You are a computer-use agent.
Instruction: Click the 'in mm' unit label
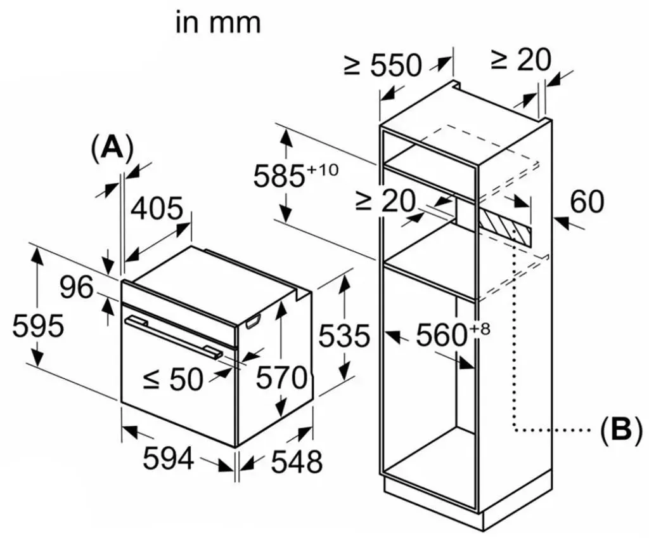point(218,23)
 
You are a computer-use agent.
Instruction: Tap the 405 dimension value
point(157,209)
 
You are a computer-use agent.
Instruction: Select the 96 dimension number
point(77,287)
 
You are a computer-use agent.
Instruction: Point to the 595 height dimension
point(38,326)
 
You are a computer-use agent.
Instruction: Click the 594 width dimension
point(169,458)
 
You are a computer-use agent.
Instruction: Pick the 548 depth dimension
point(297,461)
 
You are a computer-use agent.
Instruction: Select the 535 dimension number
point(344,335)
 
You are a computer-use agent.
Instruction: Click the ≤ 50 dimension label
point(173,379)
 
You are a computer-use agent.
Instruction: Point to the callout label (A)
point(112,147)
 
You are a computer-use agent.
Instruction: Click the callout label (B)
point(621,430)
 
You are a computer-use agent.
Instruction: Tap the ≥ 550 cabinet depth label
point(382,65)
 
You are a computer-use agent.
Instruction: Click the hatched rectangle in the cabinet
point(504,227)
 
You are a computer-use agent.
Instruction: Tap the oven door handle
point(174,336)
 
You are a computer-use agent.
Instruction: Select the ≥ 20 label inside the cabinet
point(385,201)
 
